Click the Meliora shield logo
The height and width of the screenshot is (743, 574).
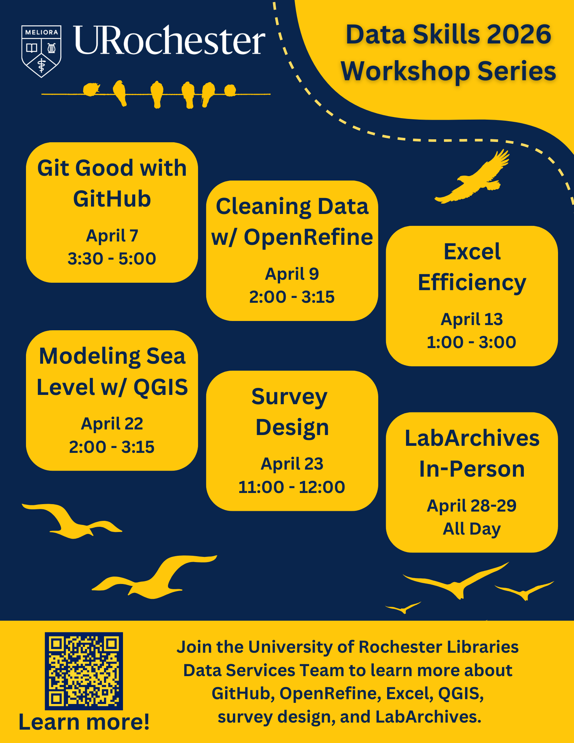click(x=41, y=51)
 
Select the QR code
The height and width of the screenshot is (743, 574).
click(x=84, y=671)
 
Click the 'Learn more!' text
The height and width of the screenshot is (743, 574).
click(x=84, y=722)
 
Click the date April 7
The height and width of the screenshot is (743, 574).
click(x=112, y=236)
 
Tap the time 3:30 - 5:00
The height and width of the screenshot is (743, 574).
click(x=112, y=259)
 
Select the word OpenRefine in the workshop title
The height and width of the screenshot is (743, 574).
click(x=308, y=237)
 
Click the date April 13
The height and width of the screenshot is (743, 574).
click(x=471, y=319)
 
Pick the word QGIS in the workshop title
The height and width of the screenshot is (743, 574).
click(x=160, y=387)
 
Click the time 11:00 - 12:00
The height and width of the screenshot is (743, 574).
click(x=292, y=487)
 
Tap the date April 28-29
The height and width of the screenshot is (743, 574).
click(x=471, y=506)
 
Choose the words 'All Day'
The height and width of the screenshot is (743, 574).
click(x=471, y=529)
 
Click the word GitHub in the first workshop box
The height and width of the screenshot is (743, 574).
click(x=112, y=199)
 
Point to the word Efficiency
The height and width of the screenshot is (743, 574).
click(x=472, y=283)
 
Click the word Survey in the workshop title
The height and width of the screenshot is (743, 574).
click(x=289, y=397)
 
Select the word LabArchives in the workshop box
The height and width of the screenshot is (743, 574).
click(x=472, y=438)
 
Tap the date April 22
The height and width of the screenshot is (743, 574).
click(x=112, y=424)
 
